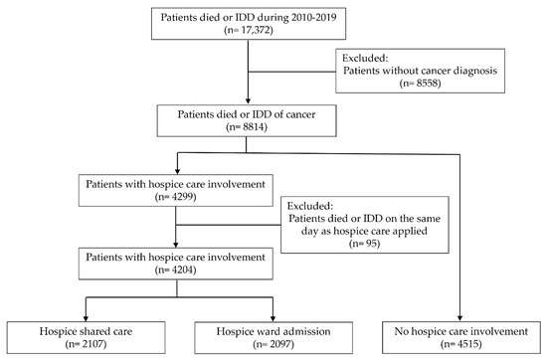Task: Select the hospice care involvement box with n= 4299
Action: point(175,189)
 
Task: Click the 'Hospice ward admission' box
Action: point(271,335)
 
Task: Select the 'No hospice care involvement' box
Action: point(460,335)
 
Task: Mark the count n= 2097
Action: point(271,343)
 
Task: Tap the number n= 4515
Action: point(460,343)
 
